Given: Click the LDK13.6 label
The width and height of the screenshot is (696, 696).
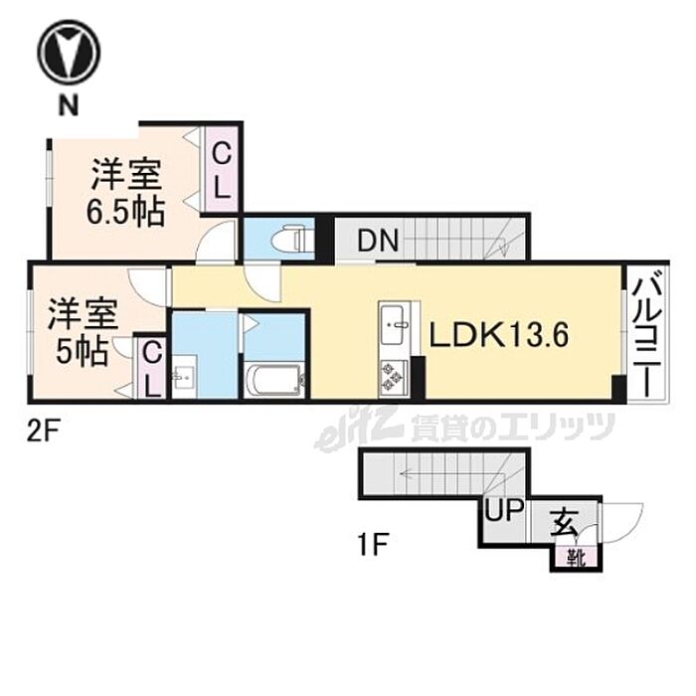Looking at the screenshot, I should click(498, 336).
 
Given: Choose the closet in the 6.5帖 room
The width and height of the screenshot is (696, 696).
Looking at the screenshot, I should click(222, 170).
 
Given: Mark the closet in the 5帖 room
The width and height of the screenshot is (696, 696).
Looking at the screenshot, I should click(151, 369).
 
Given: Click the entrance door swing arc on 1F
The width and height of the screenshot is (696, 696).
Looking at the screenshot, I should click(621, 519).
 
